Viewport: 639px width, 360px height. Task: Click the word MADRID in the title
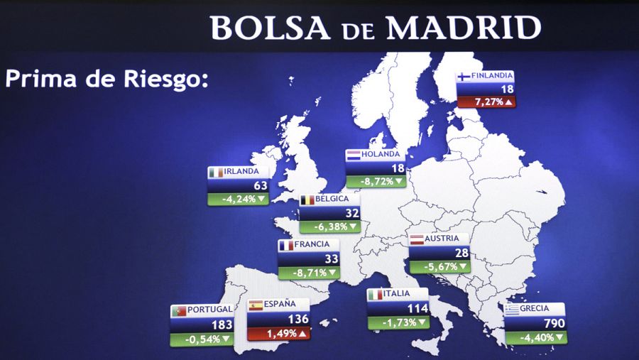[463, 28]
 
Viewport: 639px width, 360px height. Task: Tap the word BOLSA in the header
[270, 28]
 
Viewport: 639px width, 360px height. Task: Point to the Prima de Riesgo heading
[106, 78]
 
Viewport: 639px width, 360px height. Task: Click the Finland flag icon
[464, 77]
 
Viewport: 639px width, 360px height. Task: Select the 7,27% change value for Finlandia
[485, 102]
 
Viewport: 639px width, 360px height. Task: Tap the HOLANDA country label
[381, 154]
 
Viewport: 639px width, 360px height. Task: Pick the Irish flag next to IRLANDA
[215, 172]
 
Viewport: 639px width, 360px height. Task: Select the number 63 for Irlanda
[260, 185]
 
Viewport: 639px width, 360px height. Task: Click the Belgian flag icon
[307, 200]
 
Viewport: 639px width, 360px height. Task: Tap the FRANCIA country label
[312, 246]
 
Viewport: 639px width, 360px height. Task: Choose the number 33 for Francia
[330, 259]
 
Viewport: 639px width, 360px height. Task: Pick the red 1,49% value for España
[278, 333]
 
